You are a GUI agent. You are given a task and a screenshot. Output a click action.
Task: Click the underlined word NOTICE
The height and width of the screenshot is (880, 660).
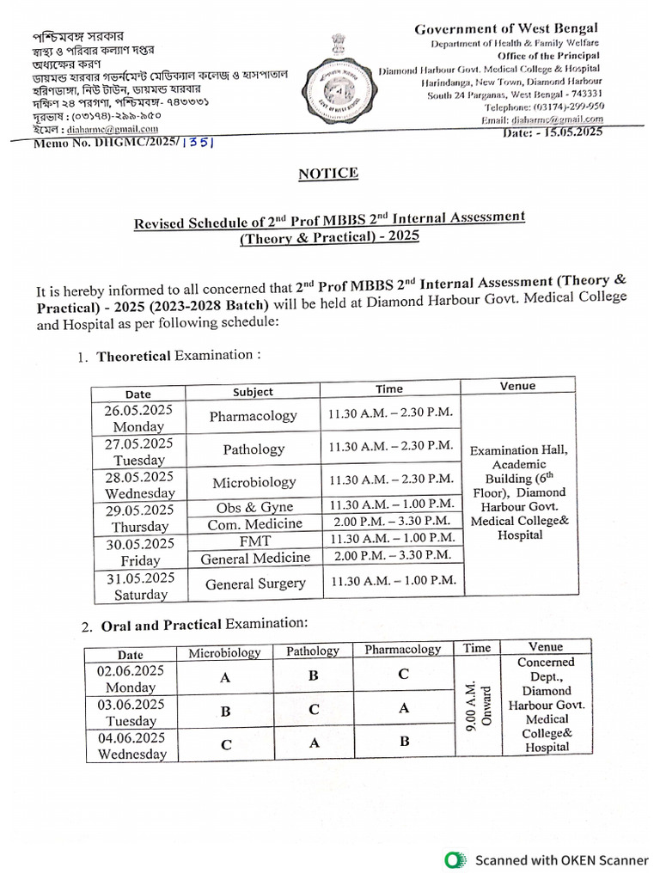pyautogui.click(x=328, y=174)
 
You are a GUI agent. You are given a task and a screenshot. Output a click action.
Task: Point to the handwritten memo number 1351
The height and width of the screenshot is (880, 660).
pyautogui.click(x=198, y=144)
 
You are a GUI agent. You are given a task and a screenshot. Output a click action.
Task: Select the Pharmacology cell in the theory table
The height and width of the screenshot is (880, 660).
pyautogui.click(x=254, y=416)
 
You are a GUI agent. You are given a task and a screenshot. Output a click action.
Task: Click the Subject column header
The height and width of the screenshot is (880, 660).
pyautogui.click(x=253, y=392)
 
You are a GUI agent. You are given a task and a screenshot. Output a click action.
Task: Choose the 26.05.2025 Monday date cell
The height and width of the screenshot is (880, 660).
pyautogui.click(x=138, y=419)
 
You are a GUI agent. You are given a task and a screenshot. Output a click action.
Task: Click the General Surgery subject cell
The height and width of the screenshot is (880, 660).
pyautogui.click(x=255, y=584)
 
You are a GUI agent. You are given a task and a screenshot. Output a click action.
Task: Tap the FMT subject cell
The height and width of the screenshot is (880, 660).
pyautogui.click(x=255, y=541)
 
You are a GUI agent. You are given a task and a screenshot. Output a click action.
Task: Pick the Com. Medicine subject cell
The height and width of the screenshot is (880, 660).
pyautogui.click(x=255, y=523)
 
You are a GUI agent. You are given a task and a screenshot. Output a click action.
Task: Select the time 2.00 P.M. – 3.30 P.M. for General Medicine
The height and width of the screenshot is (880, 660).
pyautogui.click(x=388, y=557)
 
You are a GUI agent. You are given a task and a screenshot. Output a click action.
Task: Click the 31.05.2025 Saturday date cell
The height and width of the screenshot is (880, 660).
pyautogui.click(x=139, y=585)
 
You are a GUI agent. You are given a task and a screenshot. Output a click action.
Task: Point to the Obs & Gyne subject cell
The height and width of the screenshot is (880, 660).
pyautogui.click(x=254, y=507)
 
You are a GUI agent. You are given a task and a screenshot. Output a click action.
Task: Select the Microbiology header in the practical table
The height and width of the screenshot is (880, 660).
pyautogui.click(x=224, y=652)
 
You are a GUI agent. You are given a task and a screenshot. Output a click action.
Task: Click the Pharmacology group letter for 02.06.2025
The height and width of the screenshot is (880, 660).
pyautogui.click(x=402, y=675)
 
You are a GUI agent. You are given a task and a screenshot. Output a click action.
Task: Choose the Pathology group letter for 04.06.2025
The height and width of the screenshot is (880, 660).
pyautogui.click(x=315, y=742)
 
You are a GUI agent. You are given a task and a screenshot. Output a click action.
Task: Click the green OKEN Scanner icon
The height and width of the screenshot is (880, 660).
pyautogui.click(x=453, y=859)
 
